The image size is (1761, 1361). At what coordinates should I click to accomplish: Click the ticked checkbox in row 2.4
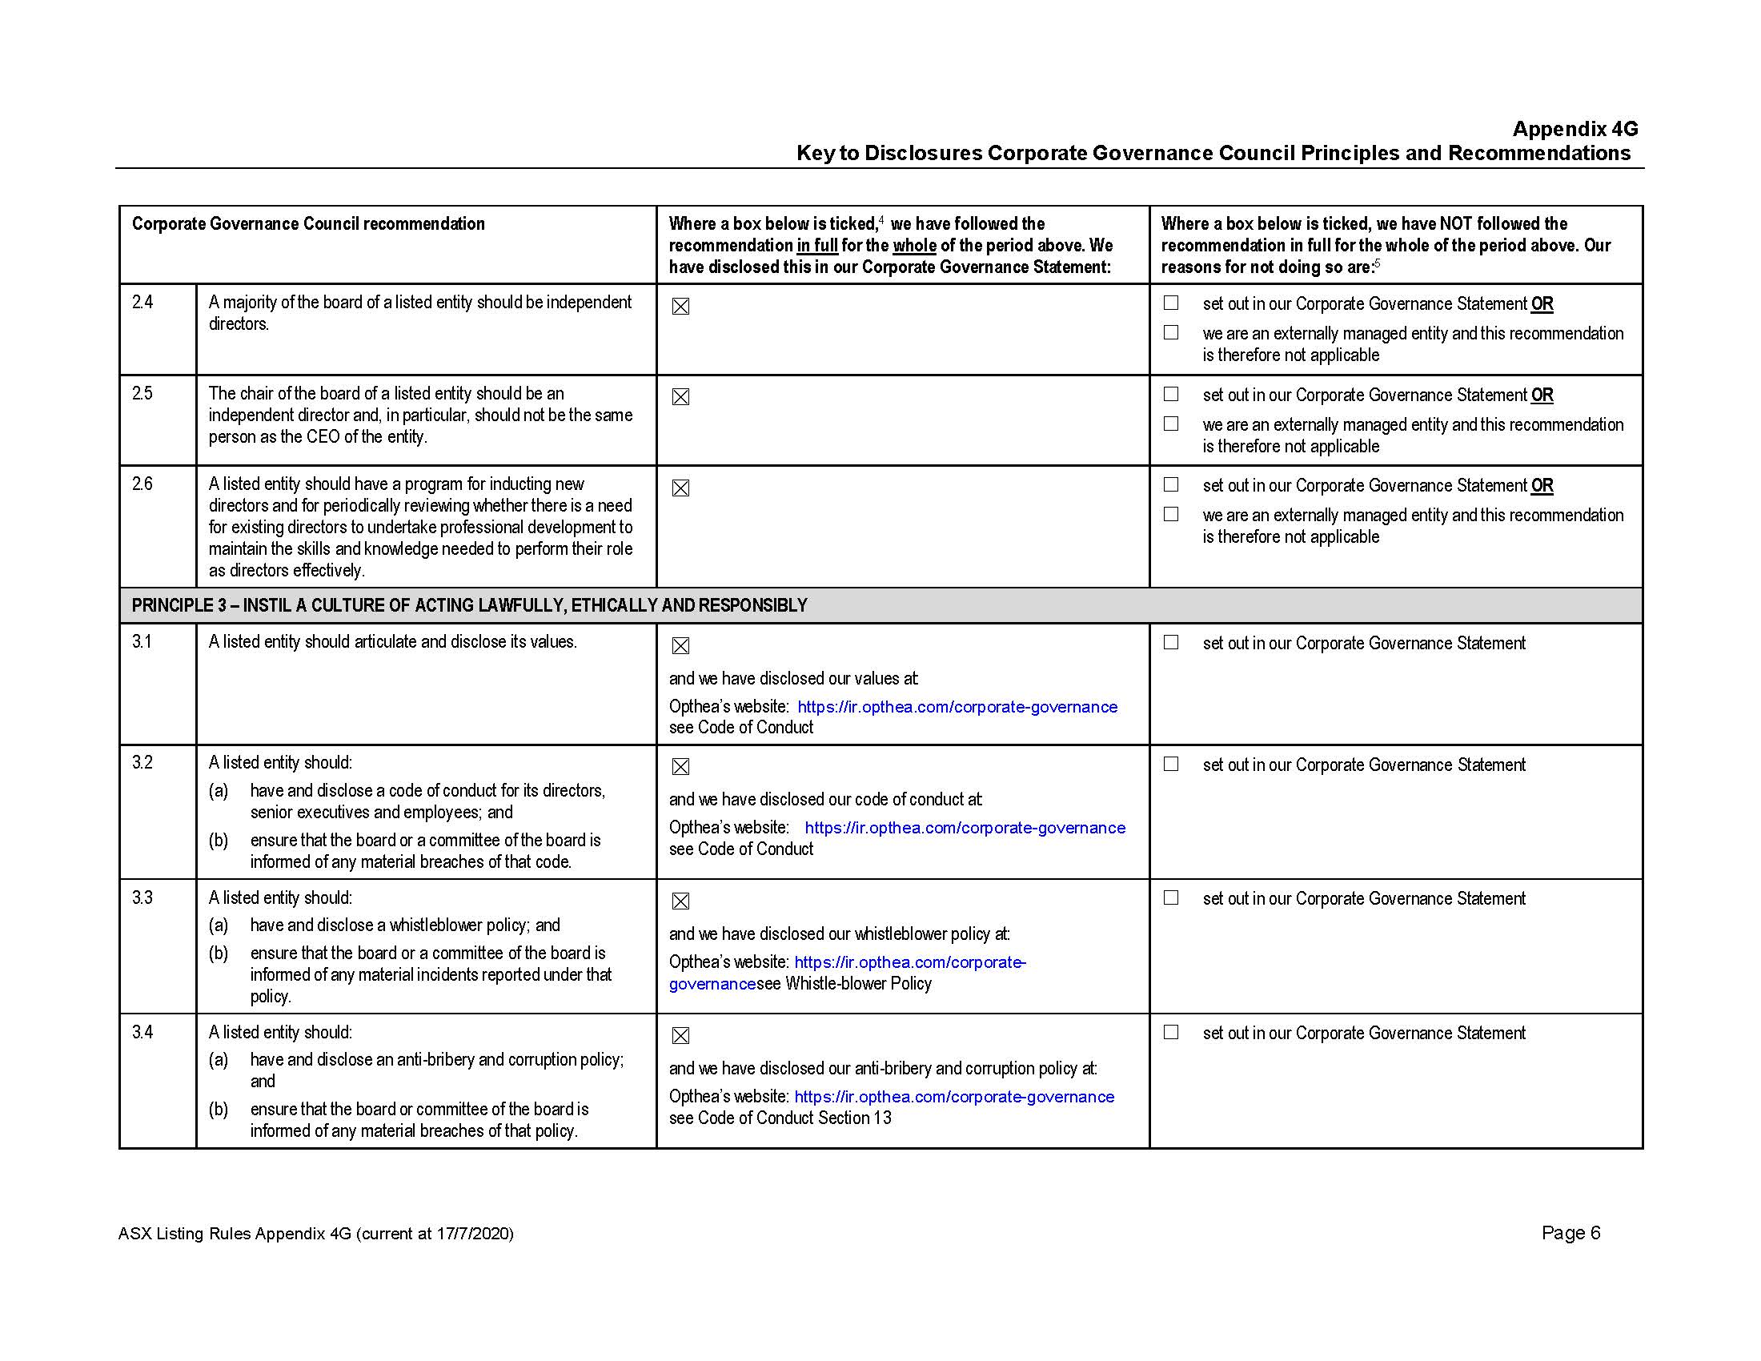680,307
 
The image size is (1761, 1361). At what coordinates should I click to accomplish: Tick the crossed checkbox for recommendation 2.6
680,488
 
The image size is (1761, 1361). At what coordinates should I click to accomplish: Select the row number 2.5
142,393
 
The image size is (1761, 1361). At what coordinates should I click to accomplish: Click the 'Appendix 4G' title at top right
1574,129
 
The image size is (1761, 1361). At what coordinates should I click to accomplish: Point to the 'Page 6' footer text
1570,1233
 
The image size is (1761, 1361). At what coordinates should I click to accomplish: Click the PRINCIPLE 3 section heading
469,605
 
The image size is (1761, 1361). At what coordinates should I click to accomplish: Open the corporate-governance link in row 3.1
957,707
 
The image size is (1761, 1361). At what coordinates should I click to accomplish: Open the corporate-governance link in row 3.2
965,828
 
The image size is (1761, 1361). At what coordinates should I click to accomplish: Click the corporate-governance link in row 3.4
954,1097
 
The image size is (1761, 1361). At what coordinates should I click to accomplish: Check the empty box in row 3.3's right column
1171,898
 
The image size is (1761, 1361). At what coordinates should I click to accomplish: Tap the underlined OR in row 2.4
1542,304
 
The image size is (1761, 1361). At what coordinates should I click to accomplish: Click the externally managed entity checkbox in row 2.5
1171,424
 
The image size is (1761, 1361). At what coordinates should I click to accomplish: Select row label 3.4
142,1032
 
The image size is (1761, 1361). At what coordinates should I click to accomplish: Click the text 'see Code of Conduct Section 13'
780,1118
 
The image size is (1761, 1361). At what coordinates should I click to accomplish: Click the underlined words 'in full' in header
816,245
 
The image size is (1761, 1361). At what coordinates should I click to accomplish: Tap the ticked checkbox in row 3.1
680,646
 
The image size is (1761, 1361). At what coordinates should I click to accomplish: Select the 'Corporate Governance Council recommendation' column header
308,224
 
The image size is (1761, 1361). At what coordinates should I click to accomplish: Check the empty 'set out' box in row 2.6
1171,484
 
